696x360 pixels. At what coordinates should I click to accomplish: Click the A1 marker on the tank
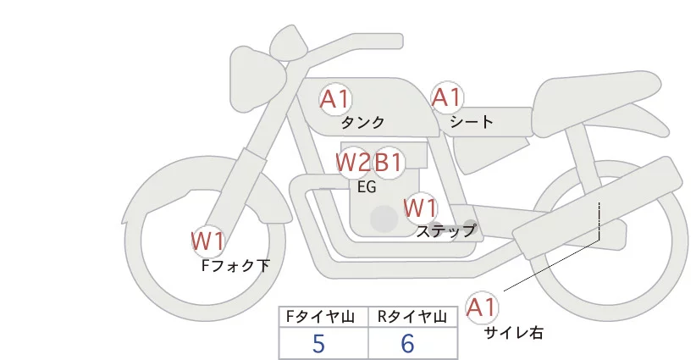[335, 99]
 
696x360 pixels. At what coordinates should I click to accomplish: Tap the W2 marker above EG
[352, 162]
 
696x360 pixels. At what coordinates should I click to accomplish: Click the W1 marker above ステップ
[420, 208]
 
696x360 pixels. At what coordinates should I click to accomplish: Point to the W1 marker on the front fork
[207, 241]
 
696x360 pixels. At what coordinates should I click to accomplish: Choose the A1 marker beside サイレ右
[483, 307]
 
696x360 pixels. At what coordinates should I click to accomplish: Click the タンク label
[362, 123]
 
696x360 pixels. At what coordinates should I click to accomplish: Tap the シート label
[472, 122]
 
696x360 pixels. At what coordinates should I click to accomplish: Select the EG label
[367, 187]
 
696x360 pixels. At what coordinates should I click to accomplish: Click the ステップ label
[445, 230]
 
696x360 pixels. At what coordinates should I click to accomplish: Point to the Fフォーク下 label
[235, 265]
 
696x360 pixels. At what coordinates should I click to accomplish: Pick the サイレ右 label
[513, 333]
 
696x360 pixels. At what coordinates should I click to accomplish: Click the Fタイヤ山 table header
[323, 317]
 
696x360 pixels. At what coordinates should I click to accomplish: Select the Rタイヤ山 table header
[413, 317]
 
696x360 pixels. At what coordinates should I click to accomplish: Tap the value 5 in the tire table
[318, 343]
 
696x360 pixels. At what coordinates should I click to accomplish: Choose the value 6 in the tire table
[408, 343]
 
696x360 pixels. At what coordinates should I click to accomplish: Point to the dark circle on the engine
[384, 219]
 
